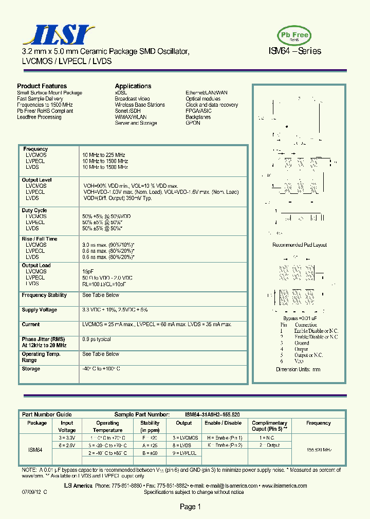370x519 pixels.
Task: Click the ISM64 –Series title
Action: coord(295,51)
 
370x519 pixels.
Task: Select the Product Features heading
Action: coord(42,86)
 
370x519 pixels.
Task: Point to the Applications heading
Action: coord(133,86)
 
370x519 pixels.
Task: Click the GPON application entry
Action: coord(193,123)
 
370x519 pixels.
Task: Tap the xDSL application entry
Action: coord(121,93)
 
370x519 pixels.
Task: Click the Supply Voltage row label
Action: coord(40,310)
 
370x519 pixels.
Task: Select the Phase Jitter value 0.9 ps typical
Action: coord(97,339)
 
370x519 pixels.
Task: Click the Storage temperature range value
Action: coord(101,369)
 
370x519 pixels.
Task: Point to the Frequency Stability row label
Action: coord(44,295)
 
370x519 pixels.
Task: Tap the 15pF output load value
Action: coord(88,271)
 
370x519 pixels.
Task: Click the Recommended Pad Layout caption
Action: coord(299,245)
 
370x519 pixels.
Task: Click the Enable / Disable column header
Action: coord(223,423)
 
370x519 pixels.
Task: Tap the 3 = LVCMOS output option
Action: coord(185,437)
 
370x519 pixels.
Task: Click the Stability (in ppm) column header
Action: coord(150,426)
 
